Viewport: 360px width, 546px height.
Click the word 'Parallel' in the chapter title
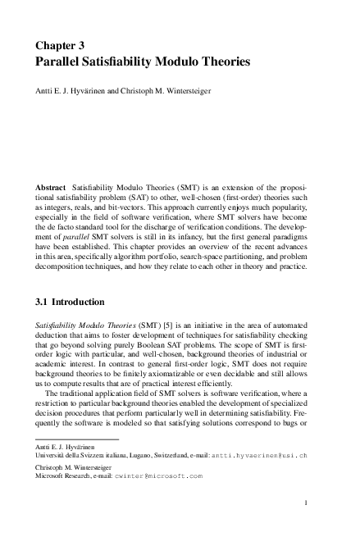[x=63, y=61]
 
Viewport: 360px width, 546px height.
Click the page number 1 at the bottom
[x=305, y=502]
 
